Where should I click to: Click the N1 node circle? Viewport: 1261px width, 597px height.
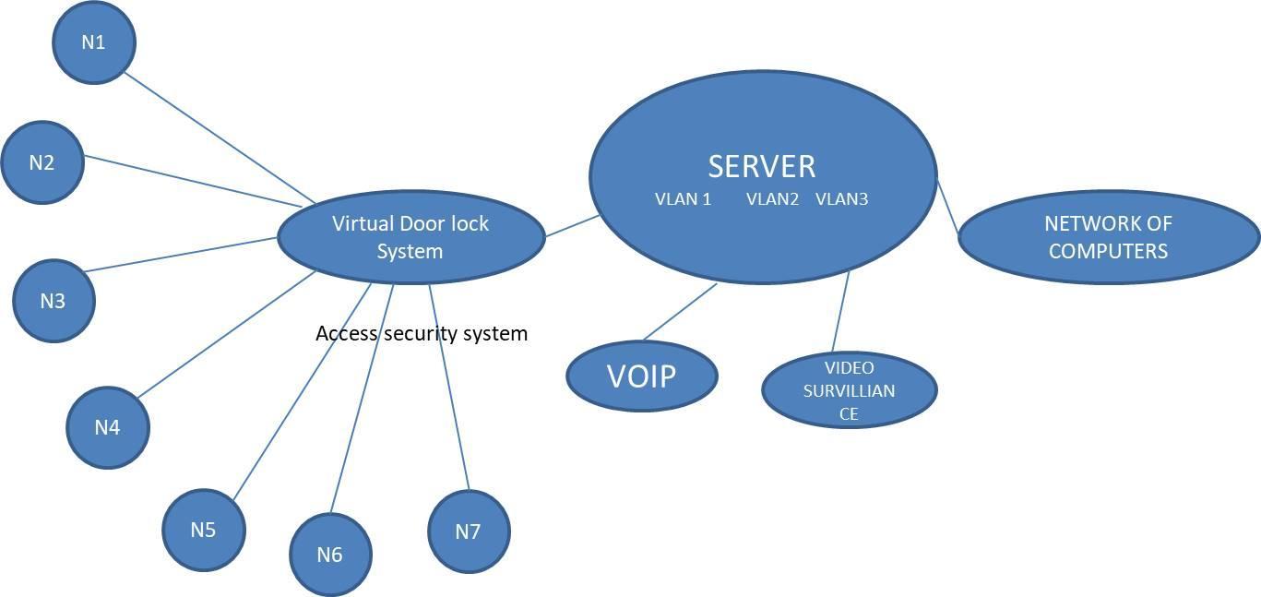[x=94, y=42]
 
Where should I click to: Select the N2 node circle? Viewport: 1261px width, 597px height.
[x=42, y=163]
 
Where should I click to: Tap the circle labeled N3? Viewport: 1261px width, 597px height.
[x=54, y=301]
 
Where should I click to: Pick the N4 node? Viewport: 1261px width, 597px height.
[x=108, y=427]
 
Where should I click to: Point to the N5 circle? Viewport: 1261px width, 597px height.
[x=204, y=530]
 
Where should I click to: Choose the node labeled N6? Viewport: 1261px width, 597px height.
[x=329, y=555]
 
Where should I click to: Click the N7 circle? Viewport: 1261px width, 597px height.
[x=469, y=531]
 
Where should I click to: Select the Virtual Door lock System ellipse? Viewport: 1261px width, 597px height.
[x=410, y=237]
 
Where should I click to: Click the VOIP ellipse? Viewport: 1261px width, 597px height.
[x=641, y=376]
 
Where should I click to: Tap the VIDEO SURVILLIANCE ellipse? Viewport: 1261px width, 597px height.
[x=849, y=390]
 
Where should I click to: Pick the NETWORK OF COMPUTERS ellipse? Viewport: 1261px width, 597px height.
[x=1108, y=237]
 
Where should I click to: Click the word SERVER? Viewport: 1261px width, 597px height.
[x=762, y=166]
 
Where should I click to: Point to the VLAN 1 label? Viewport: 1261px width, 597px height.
[x=683, y=198]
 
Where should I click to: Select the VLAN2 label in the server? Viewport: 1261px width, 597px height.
[x=772, y=198]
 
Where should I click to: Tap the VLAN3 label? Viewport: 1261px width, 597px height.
[x=841, y=198]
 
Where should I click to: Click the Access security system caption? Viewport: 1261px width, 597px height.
[x=422, y=333]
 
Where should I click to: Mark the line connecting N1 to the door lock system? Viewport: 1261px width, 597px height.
[x=219, y=138]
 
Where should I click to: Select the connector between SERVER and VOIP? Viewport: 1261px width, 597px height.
[x=680, y=311]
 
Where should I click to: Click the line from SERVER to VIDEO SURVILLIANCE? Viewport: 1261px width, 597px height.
[x=840, y=313]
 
